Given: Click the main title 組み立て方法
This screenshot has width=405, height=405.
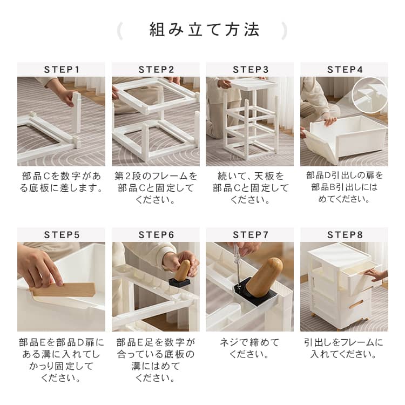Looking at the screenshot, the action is point(204,30).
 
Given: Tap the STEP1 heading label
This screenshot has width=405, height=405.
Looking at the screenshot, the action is point(62,70).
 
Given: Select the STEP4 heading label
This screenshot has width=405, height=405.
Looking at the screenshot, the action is point(345,70).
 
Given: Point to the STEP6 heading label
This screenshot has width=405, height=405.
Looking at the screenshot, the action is point(156,235).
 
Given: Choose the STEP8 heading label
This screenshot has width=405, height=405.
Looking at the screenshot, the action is point(345,235).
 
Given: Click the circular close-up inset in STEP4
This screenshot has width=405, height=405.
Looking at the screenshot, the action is point(369,95).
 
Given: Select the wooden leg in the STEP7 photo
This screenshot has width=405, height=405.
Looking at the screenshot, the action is point(264,278).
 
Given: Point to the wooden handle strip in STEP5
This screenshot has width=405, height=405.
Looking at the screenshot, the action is point(64,290).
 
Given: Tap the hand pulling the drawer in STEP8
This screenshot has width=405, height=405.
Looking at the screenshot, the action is point(377,275).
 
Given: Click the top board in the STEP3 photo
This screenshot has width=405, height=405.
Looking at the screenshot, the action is point(255,83).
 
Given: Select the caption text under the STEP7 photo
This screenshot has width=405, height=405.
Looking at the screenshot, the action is point(249,348).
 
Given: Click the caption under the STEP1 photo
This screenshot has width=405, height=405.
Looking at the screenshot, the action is point(62,182).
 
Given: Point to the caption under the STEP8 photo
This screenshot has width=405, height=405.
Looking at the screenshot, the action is point(344,348).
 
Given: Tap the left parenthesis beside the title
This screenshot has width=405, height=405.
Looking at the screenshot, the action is point(120,31).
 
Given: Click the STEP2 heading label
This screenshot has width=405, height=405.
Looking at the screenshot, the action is point(156,70).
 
